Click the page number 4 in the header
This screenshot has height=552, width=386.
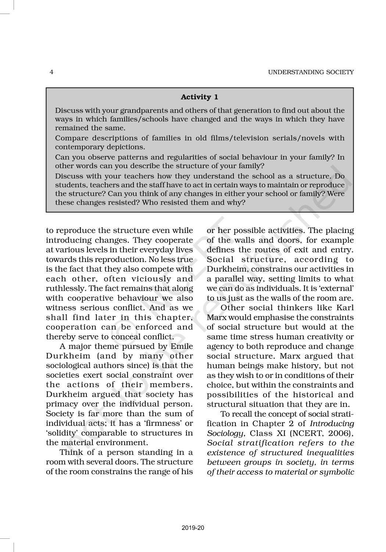[x=51, y=72]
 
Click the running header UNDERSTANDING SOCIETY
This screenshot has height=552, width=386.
[x=311, y=72]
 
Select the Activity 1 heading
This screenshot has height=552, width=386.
[x=199, y=97]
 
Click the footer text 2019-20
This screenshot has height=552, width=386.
[x=193, y=528]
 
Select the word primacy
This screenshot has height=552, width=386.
[x=60, y=404]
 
